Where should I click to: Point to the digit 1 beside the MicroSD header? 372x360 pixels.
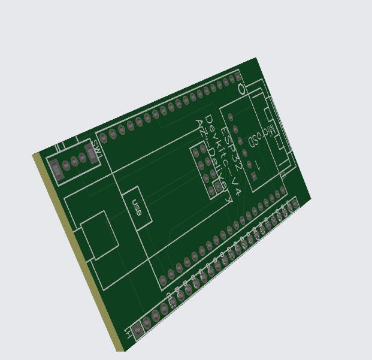click(x=258, y=165)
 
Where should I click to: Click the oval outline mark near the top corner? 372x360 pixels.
click(x=241, y=89)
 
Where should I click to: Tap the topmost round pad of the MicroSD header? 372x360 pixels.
click(x=235, y=112)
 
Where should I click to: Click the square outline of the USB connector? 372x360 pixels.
click(x=99, y=235)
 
